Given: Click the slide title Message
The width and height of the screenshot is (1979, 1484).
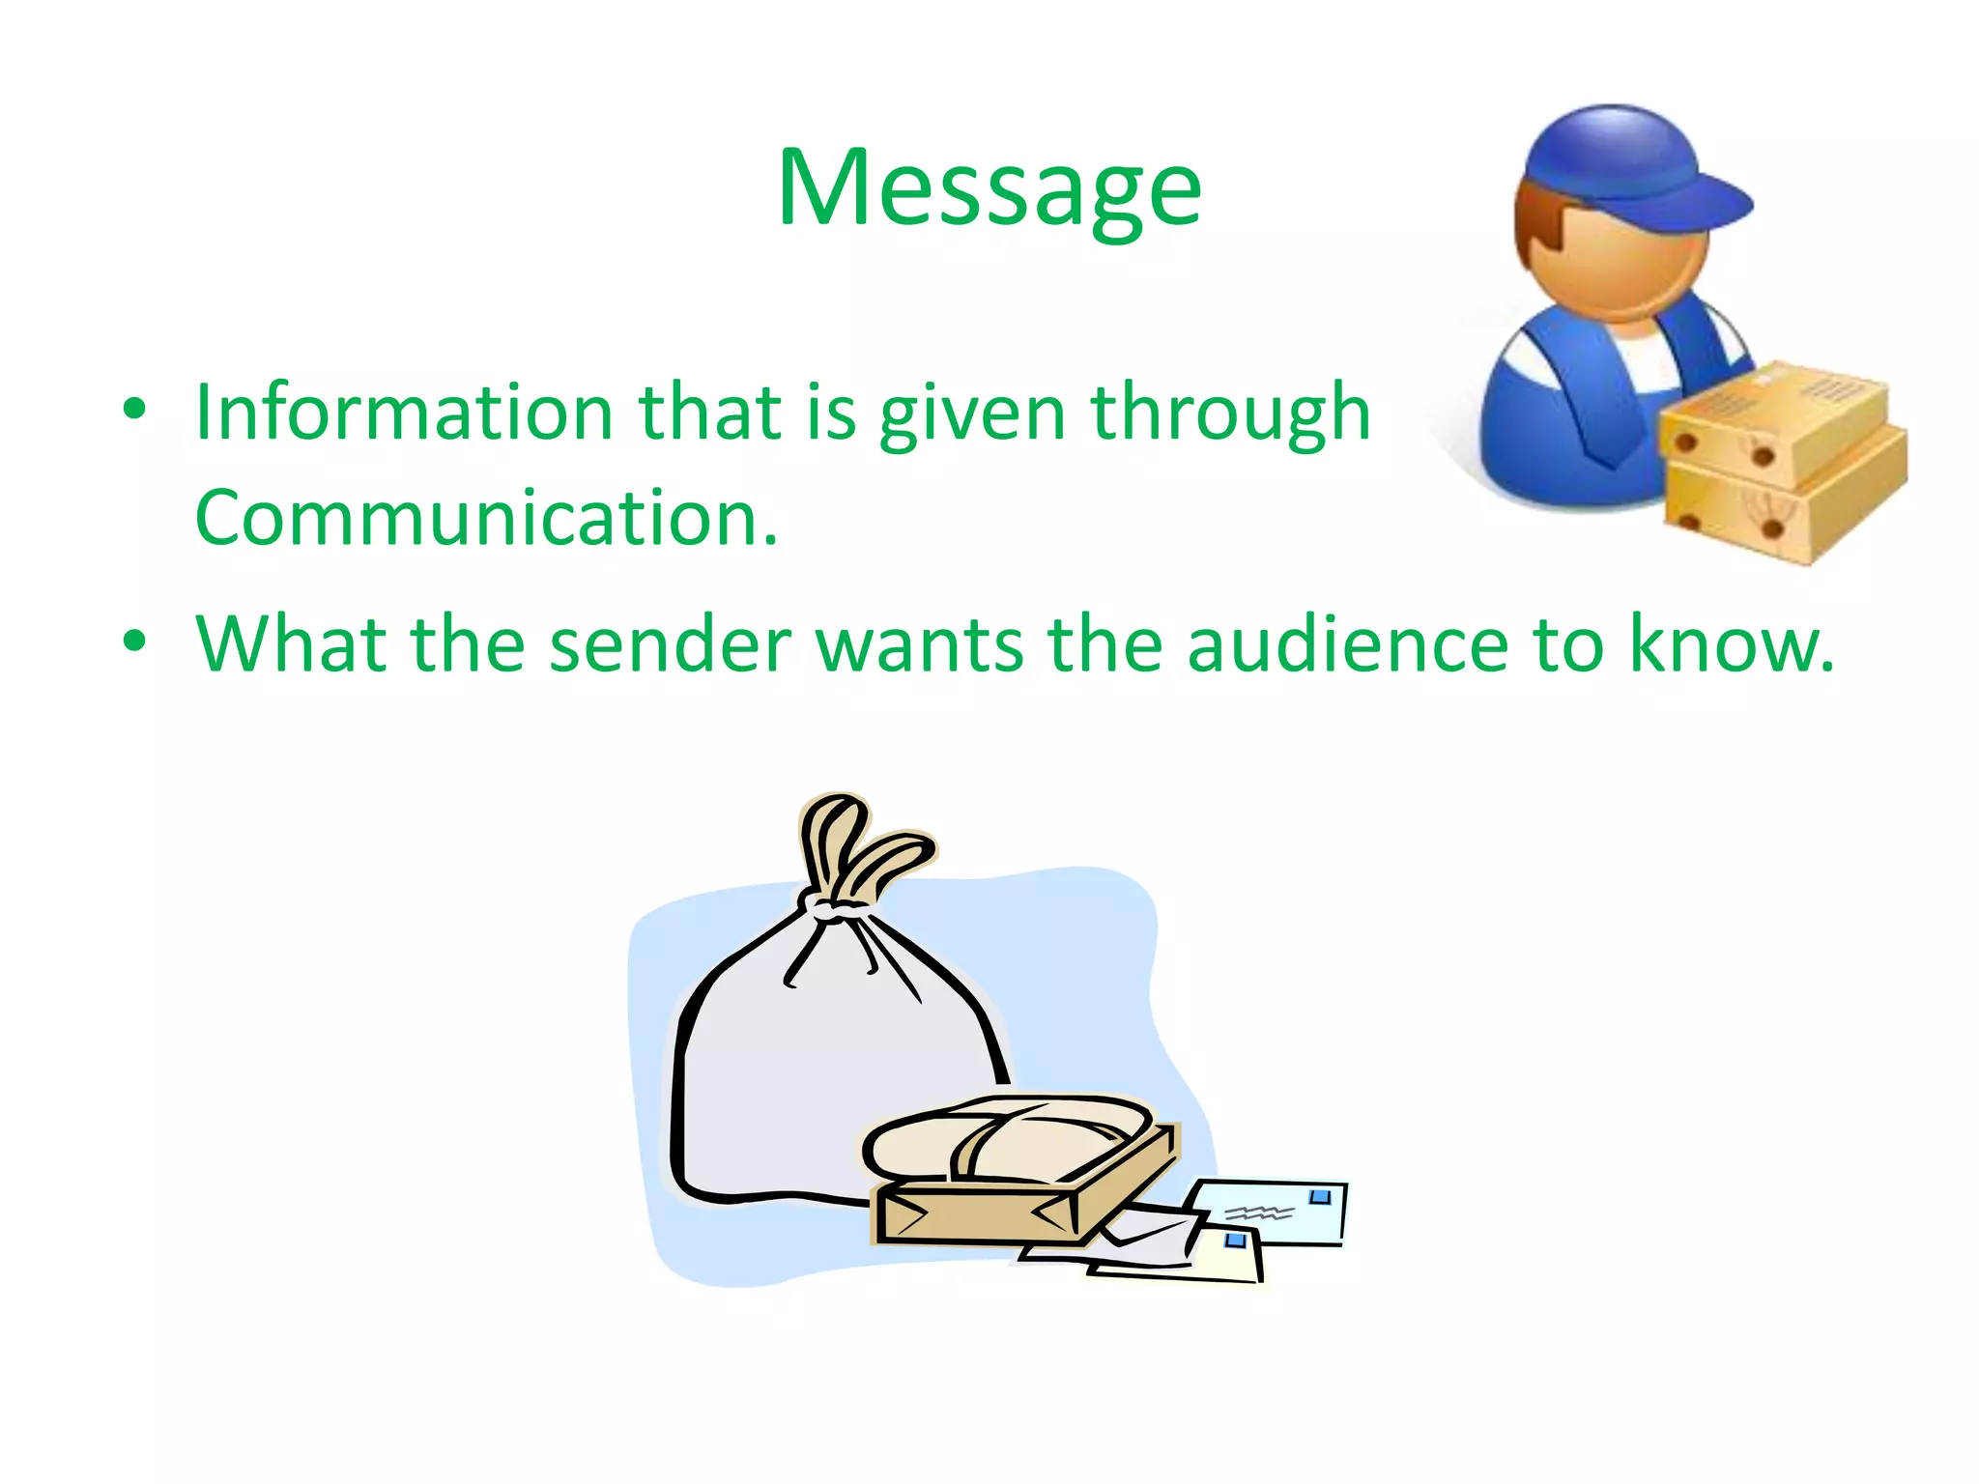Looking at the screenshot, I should (989, 188).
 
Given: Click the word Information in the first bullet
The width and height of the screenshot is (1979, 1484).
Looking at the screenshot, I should (404, 413).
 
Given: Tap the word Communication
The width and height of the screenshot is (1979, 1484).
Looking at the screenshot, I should (485, 519).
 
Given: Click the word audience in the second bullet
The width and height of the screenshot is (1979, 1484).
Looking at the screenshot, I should (1347, 644).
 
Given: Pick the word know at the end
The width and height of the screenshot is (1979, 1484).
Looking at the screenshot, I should (1730, 644).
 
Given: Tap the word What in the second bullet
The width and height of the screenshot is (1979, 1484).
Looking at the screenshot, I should (290, 644).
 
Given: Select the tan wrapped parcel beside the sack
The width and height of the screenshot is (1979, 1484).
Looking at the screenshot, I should (1015, 1174).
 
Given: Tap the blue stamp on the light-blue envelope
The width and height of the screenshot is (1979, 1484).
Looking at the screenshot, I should (1320, 1198).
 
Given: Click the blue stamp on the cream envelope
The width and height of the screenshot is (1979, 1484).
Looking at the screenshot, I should (1235, 1241).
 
